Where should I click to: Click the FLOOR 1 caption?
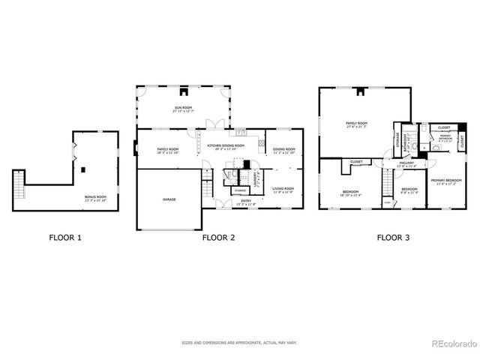click(x=65, y=238)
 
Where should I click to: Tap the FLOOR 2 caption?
click(x=218, y=238)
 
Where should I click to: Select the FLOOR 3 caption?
click(x=393, y=238)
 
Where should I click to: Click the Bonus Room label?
click(x=95, y=198)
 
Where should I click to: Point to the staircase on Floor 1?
click(x=19, y=184)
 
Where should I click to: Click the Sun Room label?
click(x=184, y=109)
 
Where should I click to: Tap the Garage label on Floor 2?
click(x=169, y=199)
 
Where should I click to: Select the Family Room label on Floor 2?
click(x=168, y=151)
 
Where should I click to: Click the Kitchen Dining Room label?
click(x=226, y=147)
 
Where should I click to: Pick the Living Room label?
click(x=283, y=190)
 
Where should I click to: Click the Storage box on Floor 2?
click(x=240, y=190)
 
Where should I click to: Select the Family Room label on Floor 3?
click(x=356, y=124)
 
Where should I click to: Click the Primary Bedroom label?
click(x=445, y=181)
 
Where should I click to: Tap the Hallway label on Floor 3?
click(x=406, y=164)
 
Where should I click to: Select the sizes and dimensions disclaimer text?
click(x=239, y=343)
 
